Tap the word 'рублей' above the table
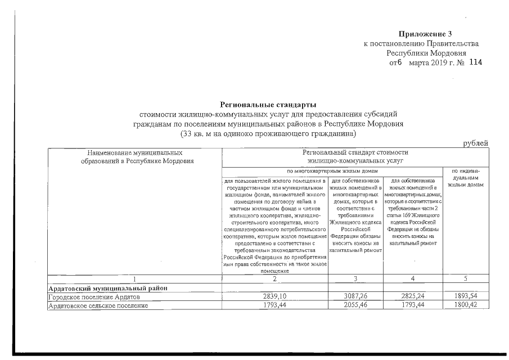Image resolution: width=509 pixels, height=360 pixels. (476, 143)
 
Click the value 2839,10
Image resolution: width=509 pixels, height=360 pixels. (275, 297)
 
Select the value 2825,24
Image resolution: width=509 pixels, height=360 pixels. (413, 297)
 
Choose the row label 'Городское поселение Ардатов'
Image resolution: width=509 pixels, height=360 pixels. (92, 297)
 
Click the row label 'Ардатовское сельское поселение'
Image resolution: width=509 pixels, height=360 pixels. (98, 306)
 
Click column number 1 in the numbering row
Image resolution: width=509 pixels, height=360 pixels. (135, 279)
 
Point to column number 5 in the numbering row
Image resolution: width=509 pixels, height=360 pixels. (466, 279)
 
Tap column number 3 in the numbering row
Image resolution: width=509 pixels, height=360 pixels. (355, 279)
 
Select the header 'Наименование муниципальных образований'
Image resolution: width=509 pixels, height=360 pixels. (135, 157)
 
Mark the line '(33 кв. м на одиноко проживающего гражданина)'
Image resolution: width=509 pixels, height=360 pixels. (268, 134)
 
